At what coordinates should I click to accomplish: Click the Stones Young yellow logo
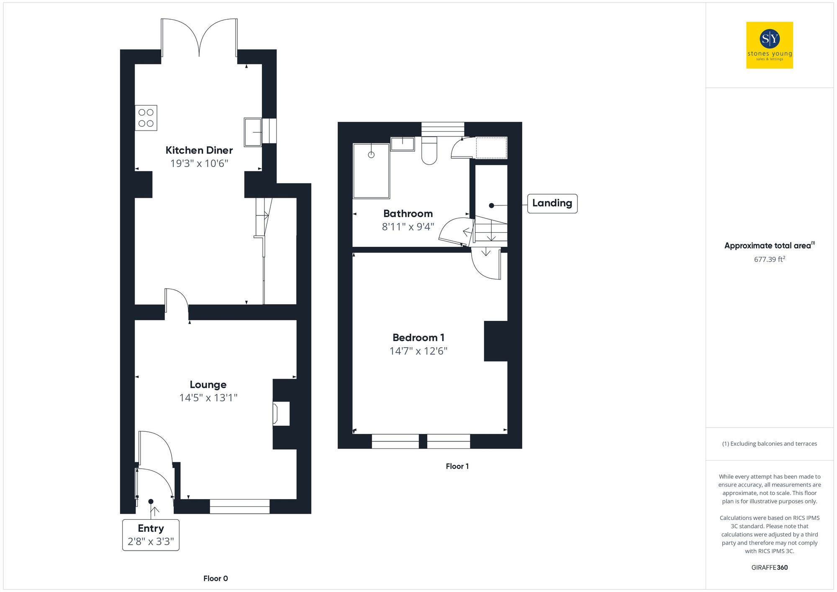769,45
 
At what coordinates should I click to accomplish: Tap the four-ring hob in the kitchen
146,118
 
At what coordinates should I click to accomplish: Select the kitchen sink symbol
253,132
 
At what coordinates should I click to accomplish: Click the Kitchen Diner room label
199,150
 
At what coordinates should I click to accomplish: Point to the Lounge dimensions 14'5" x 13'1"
208,398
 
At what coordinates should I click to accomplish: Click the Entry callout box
151,535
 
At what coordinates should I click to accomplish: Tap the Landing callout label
552,203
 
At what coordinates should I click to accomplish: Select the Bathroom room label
408,214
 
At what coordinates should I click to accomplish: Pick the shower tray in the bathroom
371,171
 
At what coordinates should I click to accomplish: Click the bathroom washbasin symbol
403,144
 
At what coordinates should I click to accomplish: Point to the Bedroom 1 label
418,338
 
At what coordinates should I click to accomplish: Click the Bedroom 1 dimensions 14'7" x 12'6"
418,351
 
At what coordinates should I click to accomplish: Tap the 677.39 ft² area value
769,259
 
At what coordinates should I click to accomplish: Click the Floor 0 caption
216,579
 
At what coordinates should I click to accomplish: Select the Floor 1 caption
457,466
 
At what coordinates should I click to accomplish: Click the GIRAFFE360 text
769,568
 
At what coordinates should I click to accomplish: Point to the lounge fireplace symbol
280,414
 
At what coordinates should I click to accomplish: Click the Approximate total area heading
768,246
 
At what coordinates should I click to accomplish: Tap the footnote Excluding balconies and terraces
769,444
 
